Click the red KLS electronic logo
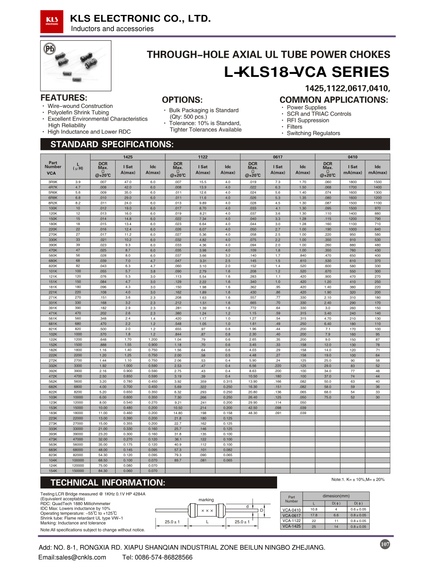click(x=52, y=21)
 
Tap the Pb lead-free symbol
click(x=50, y=49)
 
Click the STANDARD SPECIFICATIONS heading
click(x=112, y=144)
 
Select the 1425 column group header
click(x=128, y=157)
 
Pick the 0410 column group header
click(x=352, y=157)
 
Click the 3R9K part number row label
click(x=53, y=182)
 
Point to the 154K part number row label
click(x=53, y=471)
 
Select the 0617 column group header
click(x=278, y=157)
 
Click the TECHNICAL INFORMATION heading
click(x=108, y=483)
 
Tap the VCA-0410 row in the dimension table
click(x=292, y=510)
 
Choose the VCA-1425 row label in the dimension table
click(x=292, y=526)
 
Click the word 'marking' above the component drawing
click(x=206, y=500)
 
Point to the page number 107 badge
click(x=385, y=544)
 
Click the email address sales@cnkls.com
click(x=72, y=557)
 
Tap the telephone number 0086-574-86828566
click(x=164, y=557)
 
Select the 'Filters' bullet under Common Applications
click(x=295, y=127)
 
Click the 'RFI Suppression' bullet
click(x=308, y=120)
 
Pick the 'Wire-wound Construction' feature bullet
click(x=80, y=106)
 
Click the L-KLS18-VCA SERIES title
click(x=306, y=72)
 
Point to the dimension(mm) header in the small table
click(x=336, y=496)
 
